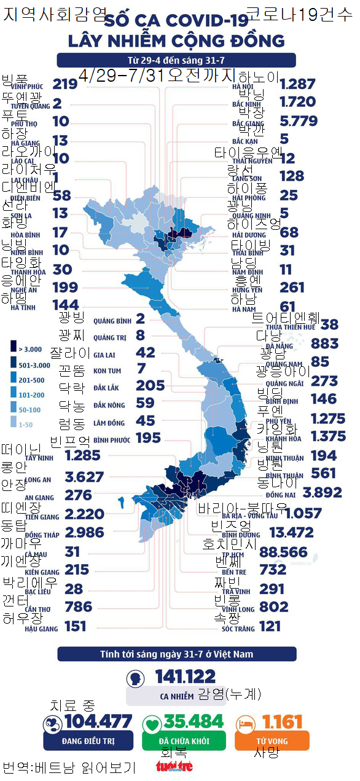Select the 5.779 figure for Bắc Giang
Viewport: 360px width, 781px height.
coord(298,122)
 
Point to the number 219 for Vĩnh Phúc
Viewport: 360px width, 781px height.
coord(65,84)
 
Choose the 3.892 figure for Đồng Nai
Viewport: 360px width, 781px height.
coord(322,492)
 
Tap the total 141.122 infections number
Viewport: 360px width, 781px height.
coord(185,677)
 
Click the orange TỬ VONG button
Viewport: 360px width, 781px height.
coord(272,741)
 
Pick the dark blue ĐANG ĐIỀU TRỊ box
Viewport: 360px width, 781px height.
coord(88,741)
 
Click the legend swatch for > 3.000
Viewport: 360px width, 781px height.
coord(14,349)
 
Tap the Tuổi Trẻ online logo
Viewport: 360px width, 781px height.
coord(174,766)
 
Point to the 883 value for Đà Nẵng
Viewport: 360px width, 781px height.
coord(324,343)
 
